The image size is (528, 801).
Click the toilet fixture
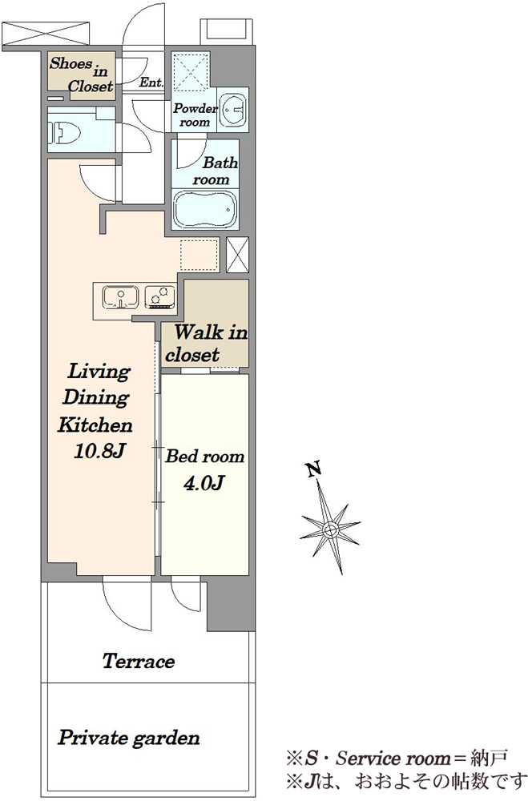point(66,133)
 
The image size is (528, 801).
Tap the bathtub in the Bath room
point(205,209)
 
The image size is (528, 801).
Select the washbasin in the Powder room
point(233,110)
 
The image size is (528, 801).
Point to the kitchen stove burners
point(160,297)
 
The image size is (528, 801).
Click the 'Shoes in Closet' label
point(82,74)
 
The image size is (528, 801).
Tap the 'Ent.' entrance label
point(151,83)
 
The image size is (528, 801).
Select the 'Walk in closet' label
point(207,344)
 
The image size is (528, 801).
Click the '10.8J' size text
point(99,452)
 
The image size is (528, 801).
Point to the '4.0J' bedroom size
point(204,483)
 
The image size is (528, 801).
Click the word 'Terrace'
point(139,662)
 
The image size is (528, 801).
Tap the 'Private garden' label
point(128,739)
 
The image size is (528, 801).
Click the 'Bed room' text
point(204,457)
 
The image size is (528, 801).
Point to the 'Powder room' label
point(195,115)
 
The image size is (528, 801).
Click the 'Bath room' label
point(214,171)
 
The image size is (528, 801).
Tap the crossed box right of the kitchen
point(238,255)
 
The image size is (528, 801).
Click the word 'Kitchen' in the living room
point(95,425)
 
